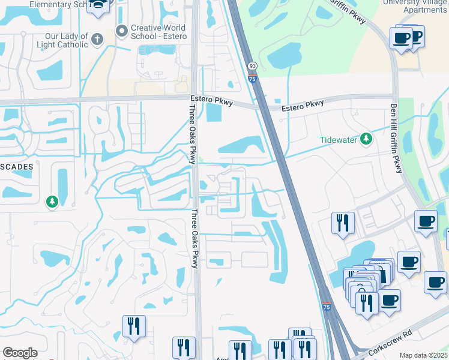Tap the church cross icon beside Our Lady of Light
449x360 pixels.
pos(98,40)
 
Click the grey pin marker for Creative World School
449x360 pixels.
pos(122,29)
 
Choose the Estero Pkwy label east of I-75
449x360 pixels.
pos(303,105)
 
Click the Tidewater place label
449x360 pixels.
pos(338,140)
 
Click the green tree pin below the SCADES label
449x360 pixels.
pos(53,202)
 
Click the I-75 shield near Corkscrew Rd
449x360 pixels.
pos(326,307)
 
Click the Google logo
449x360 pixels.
pos(20,353)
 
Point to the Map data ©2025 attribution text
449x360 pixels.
pos(423,355)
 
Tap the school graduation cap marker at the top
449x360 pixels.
pos(98,6)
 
